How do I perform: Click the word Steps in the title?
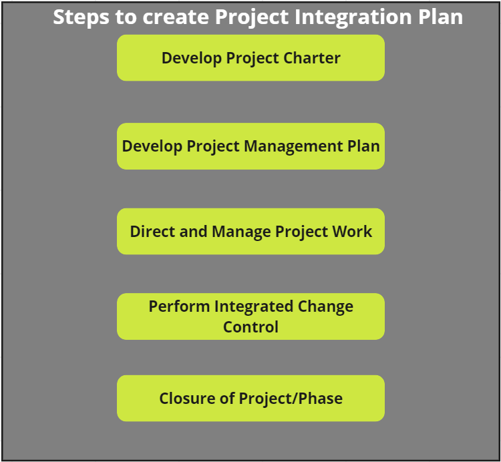tap(81, 17)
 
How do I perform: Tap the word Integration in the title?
tap(353, 17)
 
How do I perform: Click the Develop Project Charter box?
tap(251, 58)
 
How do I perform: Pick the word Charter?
tap(312, 58)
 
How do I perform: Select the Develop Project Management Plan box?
tap(251, 146)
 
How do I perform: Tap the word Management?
tap(293, 147)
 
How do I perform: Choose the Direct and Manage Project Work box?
tap(251, 232)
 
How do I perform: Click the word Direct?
tap(152, 232)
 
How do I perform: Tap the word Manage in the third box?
tap(241, 232)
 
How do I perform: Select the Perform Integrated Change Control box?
tap(251, 316)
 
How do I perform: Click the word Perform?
tap(179, 306)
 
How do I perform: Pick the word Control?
tap(251, 327)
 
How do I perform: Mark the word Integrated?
tap(254, 307)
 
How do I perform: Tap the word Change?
tap(325, 307)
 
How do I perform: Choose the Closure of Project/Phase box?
tap(251, 398)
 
